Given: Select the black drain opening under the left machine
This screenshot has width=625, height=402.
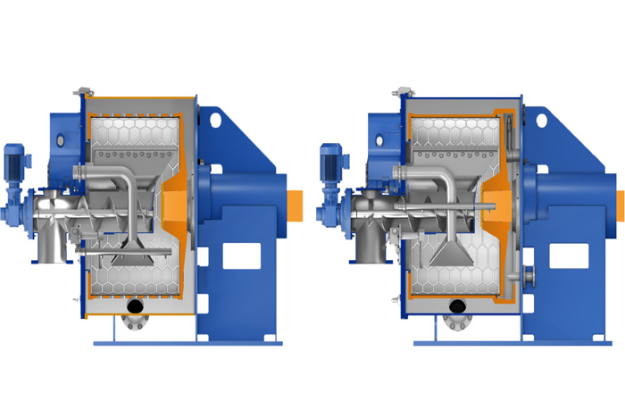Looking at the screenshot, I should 135,306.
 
